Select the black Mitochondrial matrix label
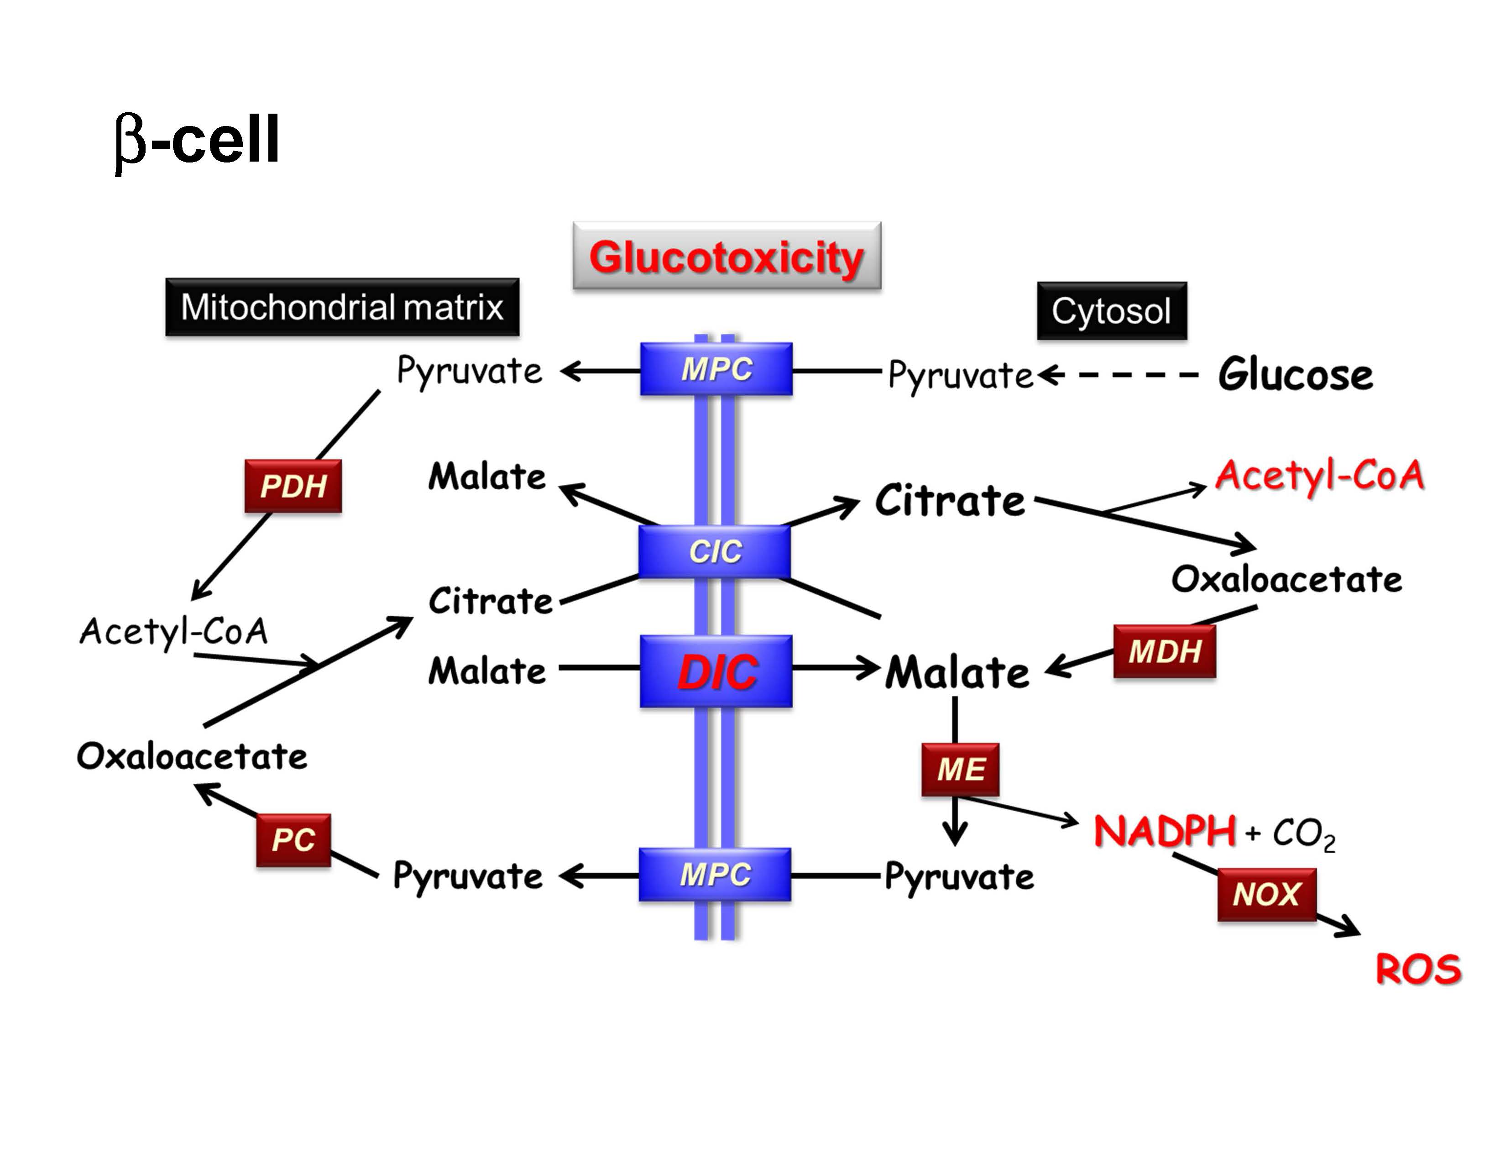click(x=342, y=308)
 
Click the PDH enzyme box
click(x=293, y=486)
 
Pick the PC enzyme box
click(x=293, y=840)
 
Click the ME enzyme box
click(x=960, y=770)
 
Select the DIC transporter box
click(x=716, y=671)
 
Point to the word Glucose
click(x=1295, y=376)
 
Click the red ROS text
click(x=1418, y=970)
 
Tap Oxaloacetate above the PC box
click(x=192, y=756)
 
